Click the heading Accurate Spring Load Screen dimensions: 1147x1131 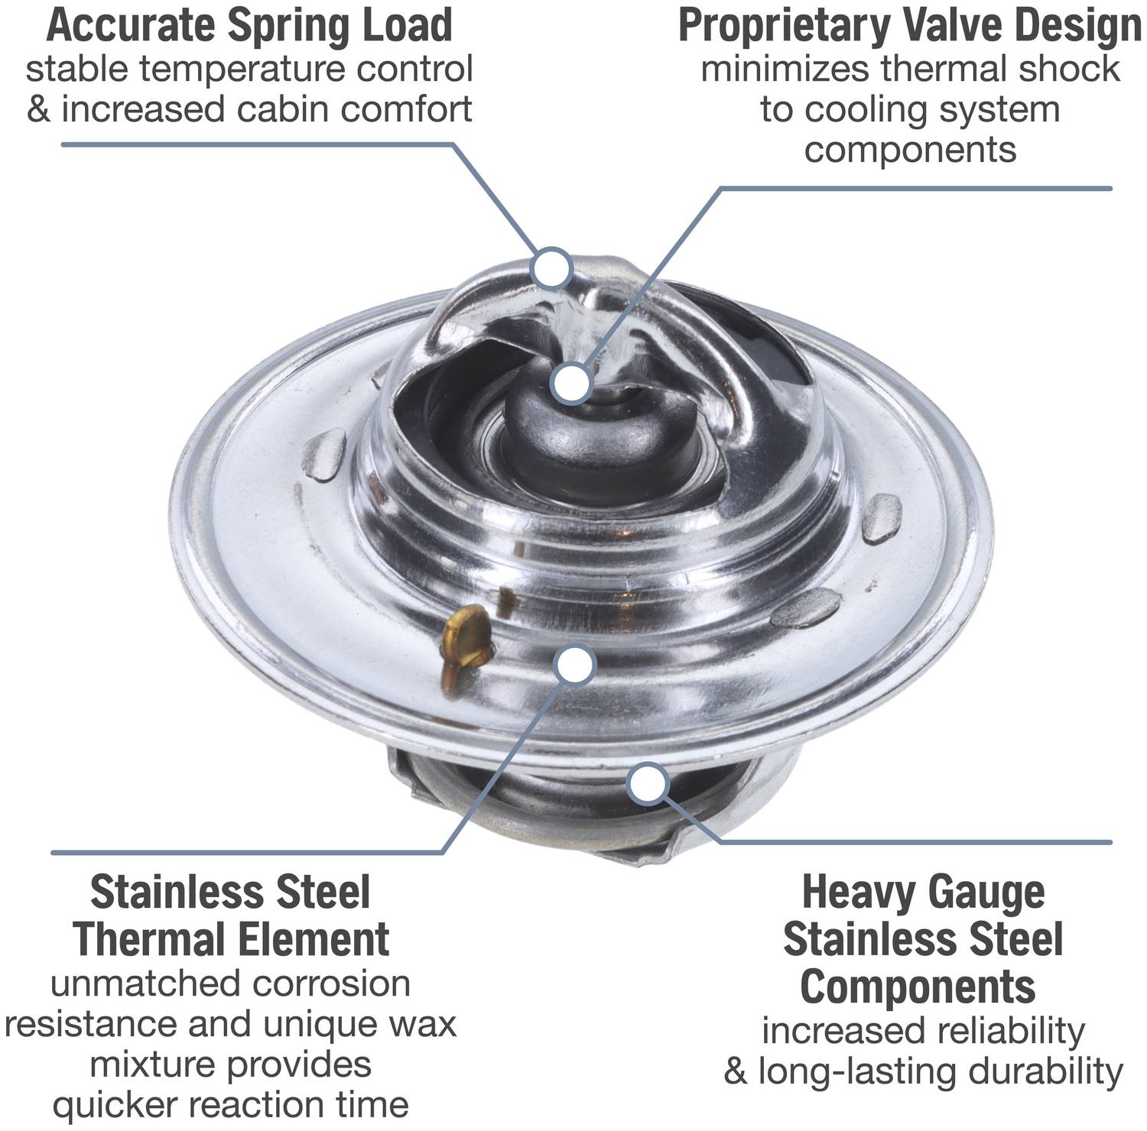click(x=249, y=24)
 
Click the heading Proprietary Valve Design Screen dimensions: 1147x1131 click(x=910, y=24)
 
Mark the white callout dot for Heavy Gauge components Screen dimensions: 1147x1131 click(x=647, y=785)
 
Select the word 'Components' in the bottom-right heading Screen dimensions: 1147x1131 click(x=918, y=987)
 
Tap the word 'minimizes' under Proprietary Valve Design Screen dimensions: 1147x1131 click(x=785, y=69)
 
